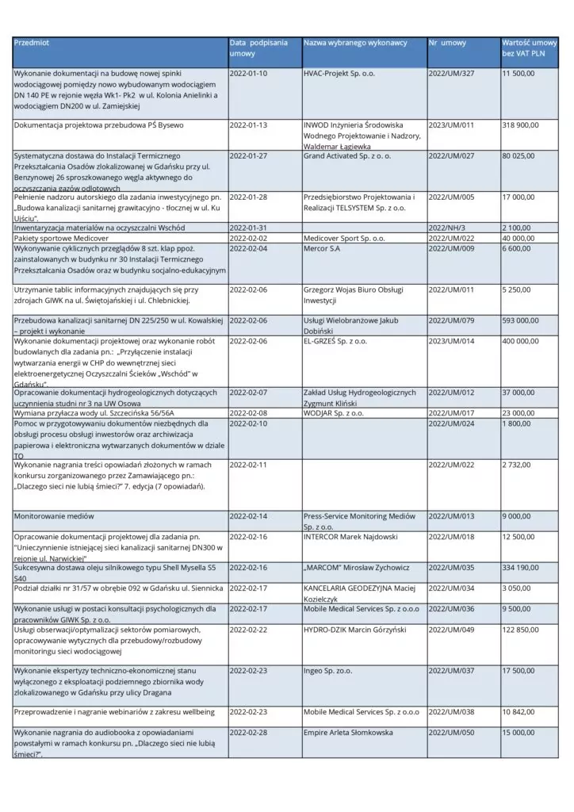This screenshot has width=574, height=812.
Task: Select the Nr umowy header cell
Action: pyautogui.click(x=447, y=42)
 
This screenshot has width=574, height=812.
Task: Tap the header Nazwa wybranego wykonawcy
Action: pyautogui.click(x=354, y=42)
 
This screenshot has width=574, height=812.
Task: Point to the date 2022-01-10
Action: pyautogui.click(x=248, y=74)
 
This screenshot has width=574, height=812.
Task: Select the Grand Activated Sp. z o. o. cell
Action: pyautogui.click(x=347, y=156)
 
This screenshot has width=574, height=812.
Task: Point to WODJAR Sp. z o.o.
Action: pyautogui.click(x=333, y=413)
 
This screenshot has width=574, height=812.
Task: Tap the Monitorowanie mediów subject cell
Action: pyautogui.click(x=54, y=516)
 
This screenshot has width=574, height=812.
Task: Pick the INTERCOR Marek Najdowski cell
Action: pyautogui.click(x=350, y=537)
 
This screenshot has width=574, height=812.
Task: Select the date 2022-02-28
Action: pyautogui.click(x=248, y=733)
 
